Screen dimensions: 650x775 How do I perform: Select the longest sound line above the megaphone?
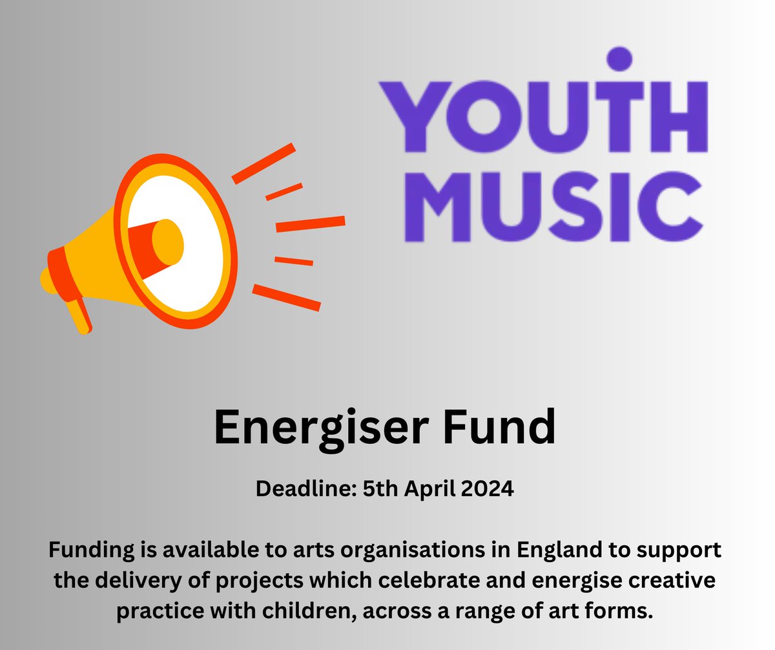coord(263,163)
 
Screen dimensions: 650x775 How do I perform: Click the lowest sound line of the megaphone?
coord(286,297)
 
